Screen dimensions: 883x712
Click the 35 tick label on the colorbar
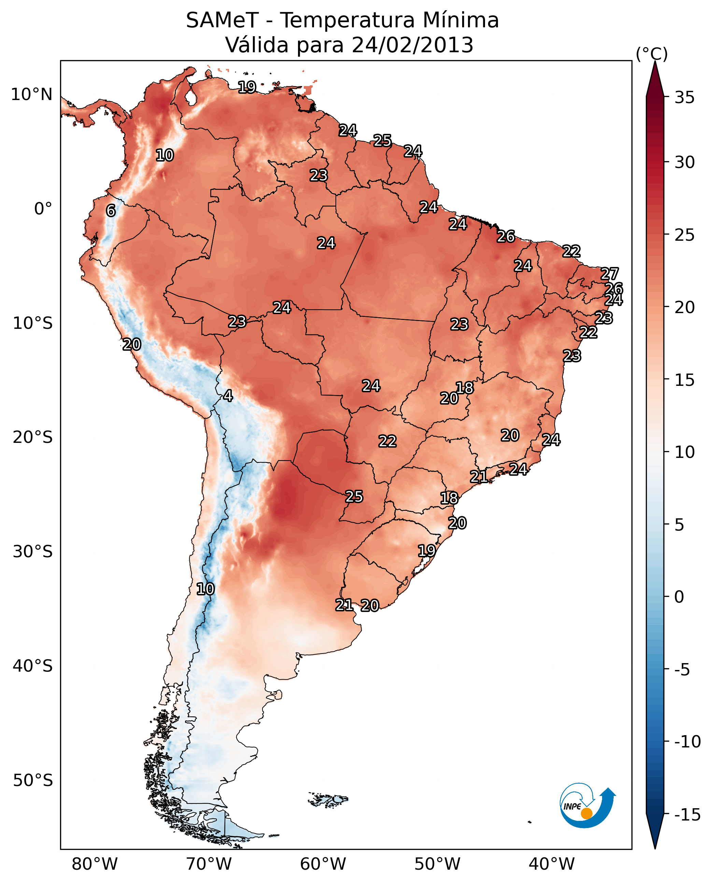684,98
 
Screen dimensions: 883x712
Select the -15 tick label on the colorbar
687,815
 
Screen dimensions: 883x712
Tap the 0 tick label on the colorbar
679,597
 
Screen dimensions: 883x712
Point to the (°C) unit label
652,54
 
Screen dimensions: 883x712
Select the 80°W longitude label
95,865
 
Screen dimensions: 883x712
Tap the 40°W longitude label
552,865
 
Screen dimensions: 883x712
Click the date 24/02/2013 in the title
412,45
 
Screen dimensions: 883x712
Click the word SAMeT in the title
222,20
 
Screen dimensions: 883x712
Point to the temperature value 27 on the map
610,274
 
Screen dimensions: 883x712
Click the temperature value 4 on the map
228,396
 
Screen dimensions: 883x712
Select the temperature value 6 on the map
111,210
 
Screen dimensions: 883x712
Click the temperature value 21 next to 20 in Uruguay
344,605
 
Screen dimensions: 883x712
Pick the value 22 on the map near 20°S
387,441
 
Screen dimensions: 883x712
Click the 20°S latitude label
33,438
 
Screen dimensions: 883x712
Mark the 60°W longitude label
323,865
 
